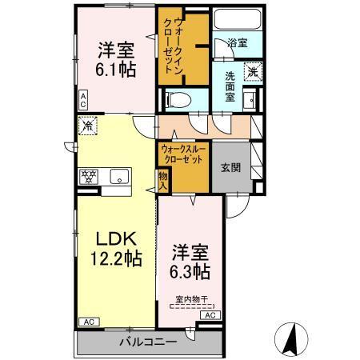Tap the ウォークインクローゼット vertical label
tap(183, 47)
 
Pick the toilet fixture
tap(177, 100)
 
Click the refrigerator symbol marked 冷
tap(89, 125)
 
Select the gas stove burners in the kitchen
tap(87, 176)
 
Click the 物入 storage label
tap(162, 179)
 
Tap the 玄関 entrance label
tap(230, 167)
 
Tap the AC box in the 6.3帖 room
tap(210, 316)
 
